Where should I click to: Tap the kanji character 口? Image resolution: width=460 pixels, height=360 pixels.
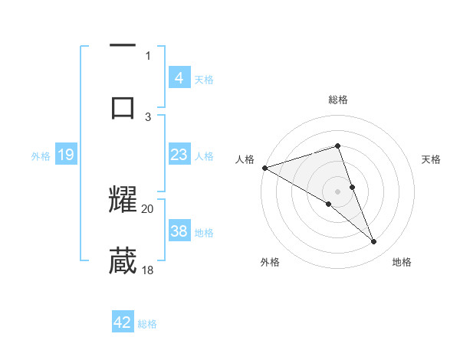pyautogui.click(x=123, y=107)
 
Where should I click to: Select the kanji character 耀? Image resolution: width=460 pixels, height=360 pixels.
pyautogui.click(x=123, y=198)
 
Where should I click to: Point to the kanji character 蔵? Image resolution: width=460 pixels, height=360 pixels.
pyautogui.click(x=123, y=260)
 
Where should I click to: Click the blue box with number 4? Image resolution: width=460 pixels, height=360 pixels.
pyautogui.click(x=179, y=77)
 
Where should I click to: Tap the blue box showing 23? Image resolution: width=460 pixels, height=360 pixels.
pyautogui.click(x=179, y=155)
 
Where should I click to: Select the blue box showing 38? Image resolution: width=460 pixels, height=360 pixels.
pyautogui.click(x=179, y=231)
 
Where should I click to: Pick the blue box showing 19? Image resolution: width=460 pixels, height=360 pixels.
pyautogui.click(x=65, y=155)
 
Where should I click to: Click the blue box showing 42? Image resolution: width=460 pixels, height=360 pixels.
pyautogui.click(x=123, y=322)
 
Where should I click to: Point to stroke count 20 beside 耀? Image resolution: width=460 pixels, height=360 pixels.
pyautogui.click(x=148, y=208)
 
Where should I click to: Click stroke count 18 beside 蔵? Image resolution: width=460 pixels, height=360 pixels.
pyautogui.click(x=148, y=270)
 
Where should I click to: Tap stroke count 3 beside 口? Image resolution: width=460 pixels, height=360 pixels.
pyautogui.click(x=148, y=116)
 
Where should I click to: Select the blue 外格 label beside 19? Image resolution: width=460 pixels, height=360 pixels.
pyautogui.click(x=41, y=155)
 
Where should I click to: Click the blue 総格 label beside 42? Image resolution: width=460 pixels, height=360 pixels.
pyautogui.click(x=147, y=324)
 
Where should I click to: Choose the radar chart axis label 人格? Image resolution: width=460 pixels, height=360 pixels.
pyautogui.click(x=245, y=159)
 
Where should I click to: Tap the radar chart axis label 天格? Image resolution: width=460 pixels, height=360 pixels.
pyautogui.click(x=432, y=159)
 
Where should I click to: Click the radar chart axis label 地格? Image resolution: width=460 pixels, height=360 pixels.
pyautogui.click(x=402, y=262)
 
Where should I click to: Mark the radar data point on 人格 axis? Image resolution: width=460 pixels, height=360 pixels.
pyautogui.click(x=264, y=168)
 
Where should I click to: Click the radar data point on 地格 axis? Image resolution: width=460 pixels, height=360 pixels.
pyautogui.click(x=374, y=242)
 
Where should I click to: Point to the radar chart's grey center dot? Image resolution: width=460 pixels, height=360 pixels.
pyautogui.click(x=337, y=191)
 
